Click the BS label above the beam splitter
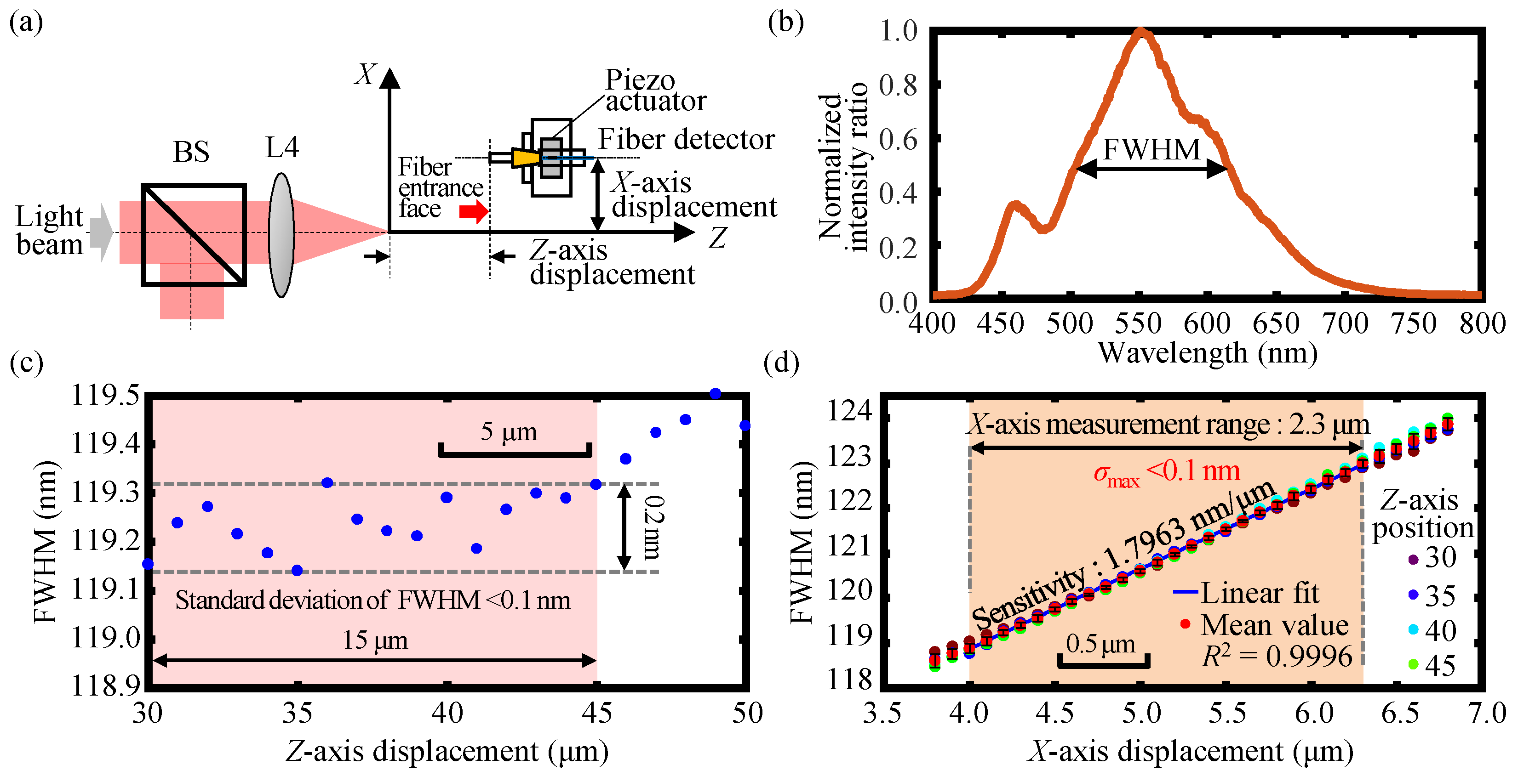click(191, 152)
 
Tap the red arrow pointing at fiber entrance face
click(474, 211)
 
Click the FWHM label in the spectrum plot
click(1151, 149)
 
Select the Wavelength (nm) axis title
click(1208, 353)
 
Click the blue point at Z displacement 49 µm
click(716, 393)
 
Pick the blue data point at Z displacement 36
click(327, 483)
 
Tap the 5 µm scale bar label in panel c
click(509, 431)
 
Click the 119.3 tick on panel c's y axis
click(106, 492)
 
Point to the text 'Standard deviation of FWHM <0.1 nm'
click(372, 600)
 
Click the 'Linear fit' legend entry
click(1260, 593)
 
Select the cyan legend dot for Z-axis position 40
click(1413, 629)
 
